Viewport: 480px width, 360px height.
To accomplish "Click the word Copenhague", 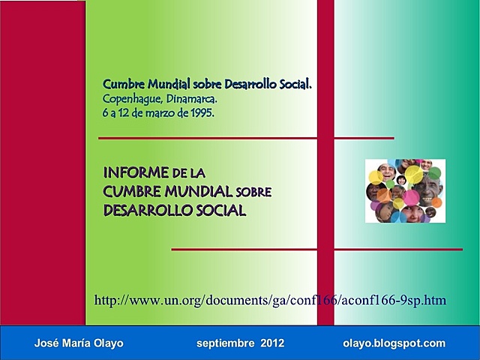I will tap(127, 99).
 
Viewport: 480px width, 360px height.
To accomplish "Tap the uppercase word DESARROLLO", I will tap(142, 211).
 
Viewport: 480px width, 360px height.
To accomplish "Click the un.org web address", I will tap(270, 301).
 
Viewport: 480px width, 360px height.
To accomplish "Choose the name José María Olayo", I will tap(79, 343).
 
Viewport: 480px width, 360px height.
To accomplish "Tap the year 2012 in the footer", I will tap(273, 343).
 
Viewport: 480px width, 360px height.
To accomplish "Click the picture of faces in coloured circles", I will tap(405, 191).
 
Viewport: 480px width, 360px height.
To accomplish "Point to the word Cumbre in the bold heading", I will tap(122, 84).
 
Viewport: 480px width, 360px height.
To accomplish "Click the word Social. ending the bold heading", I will tap(293, 84).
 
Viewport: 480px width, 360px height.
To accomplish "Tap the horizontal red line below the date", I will tap(246, 138).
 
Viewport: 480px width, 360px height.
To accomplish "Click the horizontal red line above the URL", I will tap(316, 249).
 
